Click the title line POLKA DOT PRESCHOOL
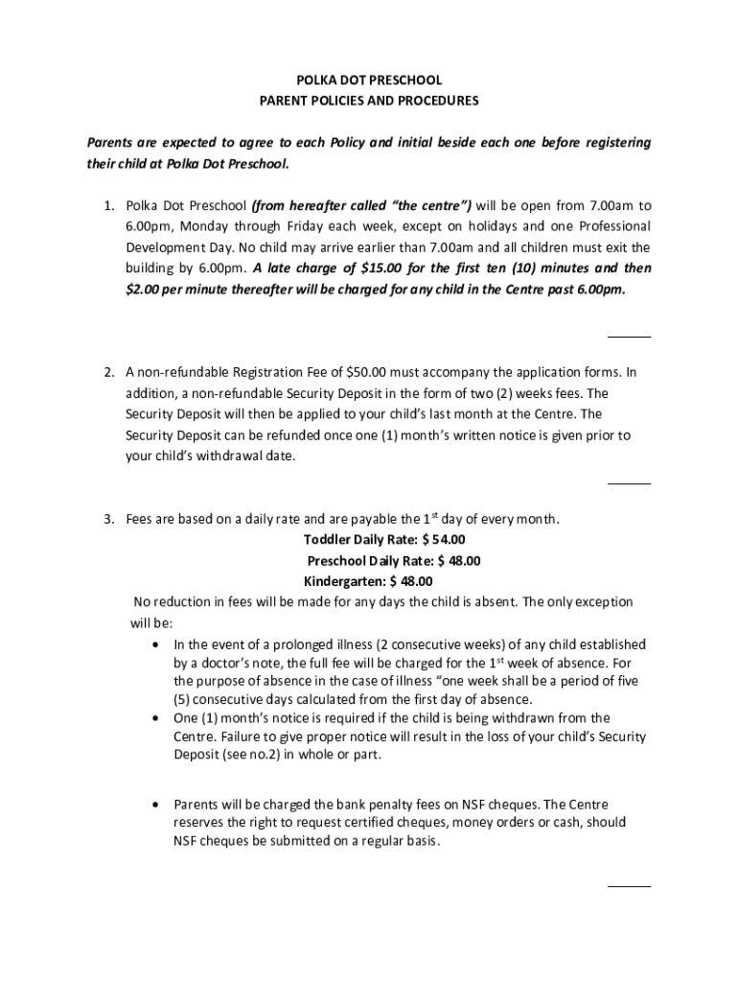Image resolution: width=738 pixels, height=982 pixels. (369, 81)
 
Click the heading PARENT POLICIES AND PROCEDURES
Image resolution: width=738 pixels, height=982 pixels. (369, 101)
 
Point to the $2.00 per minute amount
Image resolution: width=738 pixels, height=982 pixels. (147, 289)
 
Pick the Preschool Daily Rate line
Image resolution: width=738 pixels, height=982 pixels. (393, 561)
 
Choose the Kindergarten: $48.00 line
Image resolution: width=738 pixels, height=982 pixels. (368, 581)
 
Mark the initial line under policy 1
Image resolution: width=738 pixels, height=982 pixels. (630, 337)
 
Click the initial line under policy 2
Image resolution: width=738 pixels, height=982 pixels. (630, 483)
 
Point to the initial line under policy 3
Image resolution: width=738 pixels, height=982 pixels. (630, 886)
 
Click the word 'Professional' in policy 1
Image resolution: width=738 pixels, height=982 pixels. (611, 227)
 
